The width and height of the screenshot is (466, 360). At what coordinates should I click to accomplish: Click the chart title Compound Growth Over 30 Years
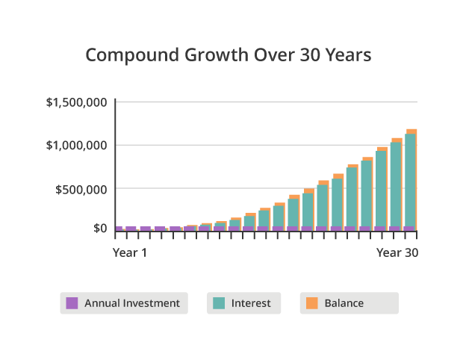(x=229, y=55)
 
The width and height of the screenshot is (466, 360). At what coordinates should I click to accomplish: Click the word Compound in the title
(x=132, y=56)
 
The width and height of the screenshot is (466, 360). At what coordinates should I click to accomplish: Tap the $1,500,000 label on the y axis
(x=76, y=102)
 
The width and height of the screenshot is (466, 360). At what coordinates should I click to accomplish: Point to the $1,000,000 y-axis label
(x=76, y=146)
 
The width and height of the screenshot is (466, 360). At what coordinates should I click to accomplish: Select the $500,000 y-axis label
(x=81, y=190)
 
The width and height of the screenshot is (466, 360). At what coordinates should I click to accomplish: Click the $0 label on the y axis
(x=100, y=229)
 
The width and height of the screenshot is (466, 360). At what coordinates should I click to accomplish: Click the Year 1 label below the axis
(x=130, y=252)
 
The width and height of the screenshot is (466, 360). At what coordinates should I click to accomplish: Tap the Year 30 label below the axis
(x=397, y=252)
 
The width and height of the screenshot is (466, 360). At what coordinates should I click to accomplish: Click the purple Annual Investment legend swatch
(x=72, y=303)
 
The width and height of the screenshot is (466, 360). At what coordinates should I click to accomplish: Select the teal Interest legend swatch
(x=219, y=303)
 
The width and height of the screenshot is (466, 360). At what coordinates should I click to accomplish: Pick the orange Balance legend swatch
(x=311, y=303)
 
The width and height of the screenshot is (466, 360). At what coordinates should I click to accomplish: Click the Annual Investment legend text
(x=132, y=303)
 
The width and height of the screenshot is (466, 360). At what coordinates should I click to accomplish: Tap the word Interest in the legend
(x=251, y=303)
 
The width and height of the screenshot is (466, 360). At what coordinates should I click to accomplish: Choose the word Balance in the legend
(x=344, y=303)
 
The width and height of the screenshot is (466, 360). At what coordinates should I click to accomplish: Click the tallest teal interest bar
(x=410, y=180)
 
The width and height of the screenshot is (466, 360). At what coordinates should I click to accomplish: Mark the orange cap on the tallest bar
(x=411, y=131)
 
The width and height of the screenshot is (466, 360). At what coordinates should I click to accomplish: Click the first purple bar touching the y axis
(x=119, y=229)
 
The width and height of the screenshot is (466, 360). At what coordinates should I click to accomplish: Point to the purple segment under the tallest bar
(x=408, y=229)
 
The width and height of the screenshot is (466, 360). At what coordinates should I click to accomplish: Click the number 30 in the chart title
(x=310, y=55)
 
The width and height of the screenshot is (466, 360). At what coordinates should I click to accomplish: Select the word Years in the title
(x=348, y=55)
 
